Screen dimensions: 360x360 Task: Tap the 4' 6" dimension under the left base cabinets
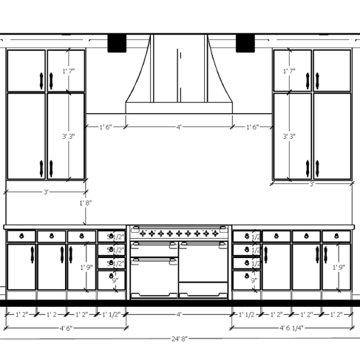click(x=65, y=327)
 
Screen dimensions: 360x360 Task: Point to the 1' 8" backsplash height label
click(x=86, y=203)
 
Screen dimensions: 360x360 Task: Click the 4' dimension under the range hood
click(x=179, y=127)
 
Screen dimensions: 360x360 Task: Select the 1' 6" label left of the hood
click(x=106, y=127)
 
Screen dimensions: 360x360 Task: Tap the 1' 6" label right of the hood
click(x=251, y=127)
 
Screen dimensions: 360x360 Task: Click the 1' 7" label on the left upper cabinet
click(x=69, y=71)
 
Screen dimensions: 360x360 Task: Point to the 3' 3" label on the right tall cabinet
click(x=290, y=136)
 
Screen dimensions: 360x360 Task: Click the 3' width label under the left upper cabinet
click(x=46, y=192)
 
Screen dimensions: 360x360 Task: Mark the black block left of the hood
click(x=118, y=44)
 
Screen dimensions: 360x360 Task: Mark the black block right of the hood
click(x=245, y=44)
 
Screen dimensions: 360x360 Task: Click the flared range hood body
click(x=179, y=81)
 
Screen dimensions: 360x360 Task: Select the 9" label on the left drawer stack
click(x=115, y=280)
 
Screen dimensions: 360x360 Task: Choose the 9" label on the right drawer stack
click(x=254, y=280)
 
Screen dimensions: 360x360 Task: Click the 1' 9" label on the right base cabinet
click(x=339, y=267)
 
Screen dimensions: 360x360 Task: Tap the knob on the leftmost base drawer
click(x=21, y=236)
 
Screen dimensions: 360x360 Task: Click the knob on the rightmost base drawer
click(x=336, y=236)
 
